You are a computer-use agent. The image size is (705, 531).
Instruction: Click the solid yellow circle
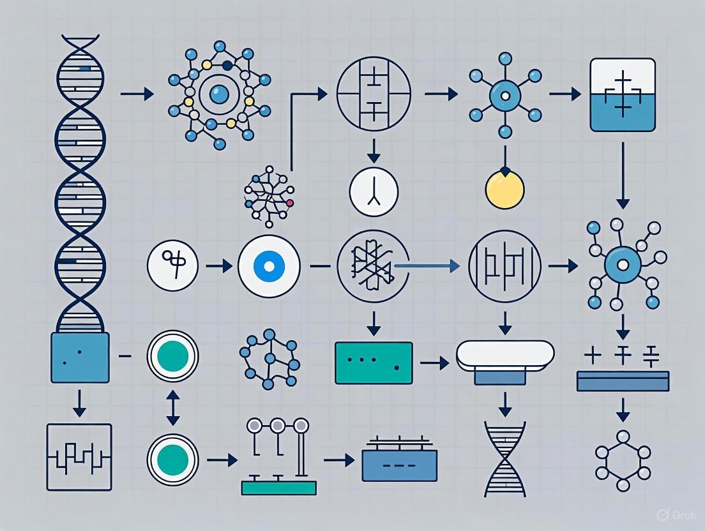[x=504, y=190]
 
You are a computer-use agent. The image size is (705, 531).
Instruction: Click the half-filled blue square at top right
[x=623, y=94]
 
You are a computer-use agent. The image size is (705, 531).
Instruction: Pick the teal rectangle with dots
[x=374, y=363]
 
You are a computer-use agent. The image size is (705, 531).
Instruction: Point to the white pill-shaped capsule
[x=504, y=354]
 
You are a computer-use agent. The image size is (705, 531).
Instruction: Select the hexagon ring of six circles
[x=623, y=454]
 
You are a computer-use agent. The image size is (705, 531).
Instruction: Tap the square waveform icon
[x=79, y=456]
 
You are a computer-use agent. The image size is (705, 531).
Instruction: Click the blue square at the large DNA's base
[x=79, y=357]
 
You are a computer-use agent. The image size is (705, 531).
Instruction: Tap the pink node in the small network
[x=290, y=203]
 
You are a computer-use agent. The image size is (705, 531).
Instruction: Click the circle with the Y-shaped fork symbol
[x=374, y=191]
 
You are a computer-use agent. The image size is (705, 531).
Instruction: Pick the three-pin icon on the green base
[x=278, y=456]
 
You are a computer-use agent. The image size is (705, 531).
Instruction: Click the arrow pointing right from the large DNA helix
[x=137, y=94]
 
